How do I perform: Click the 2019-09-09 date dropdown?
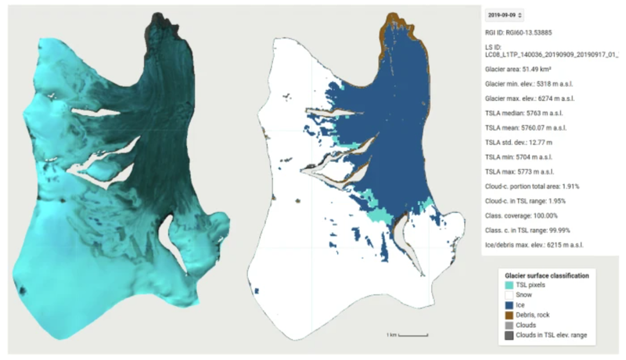(505, 14)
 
